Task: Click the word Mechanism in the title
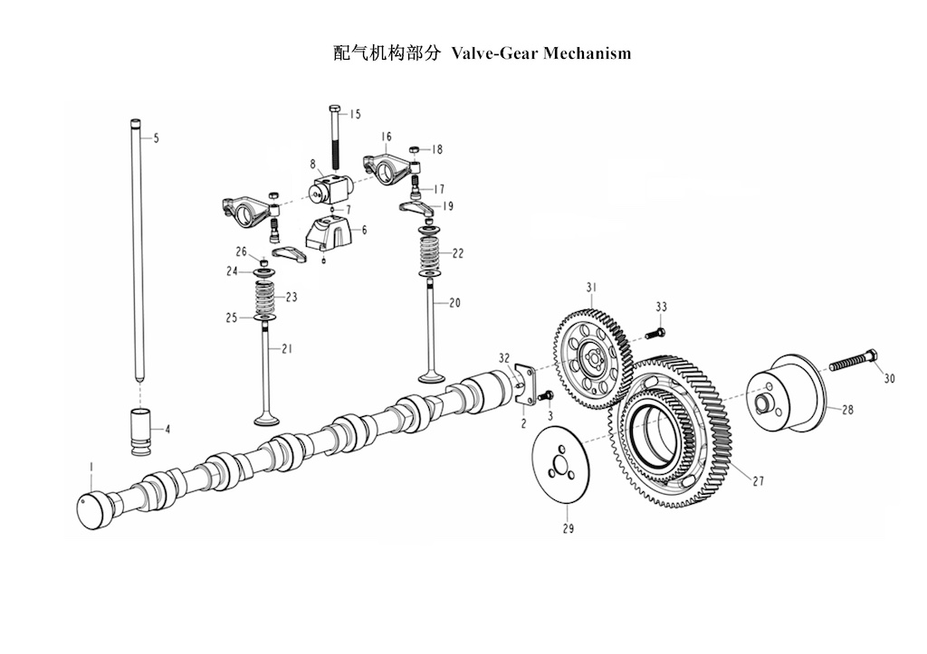coord(587,53)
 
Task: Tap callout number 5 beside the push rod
coord(156,138)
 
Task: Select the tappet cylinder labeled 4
coord(140,431)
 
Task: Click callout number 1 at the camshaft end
coord(91,468)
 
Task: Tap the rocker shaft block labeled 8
coord(330,187)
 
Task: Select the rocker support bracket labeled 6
coord(328,233)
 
